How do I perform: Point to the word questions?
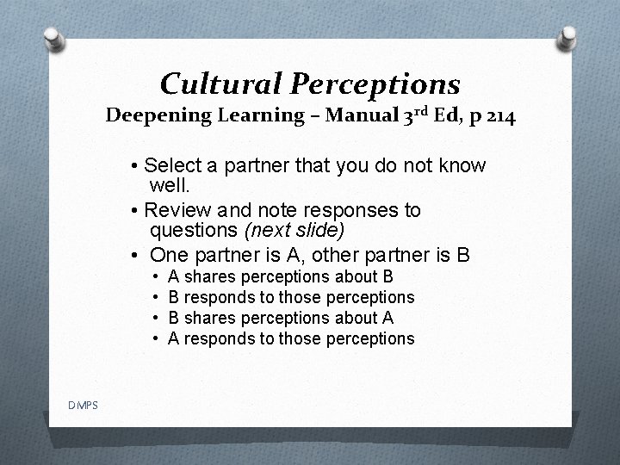(x=194, y=230)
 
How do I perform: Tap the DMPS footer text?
(x=84, y=405)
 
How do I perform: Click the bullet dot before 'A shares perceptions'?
(x=154, y=276)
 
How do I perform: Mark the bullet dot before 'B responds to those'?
(x=154, y=297)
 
